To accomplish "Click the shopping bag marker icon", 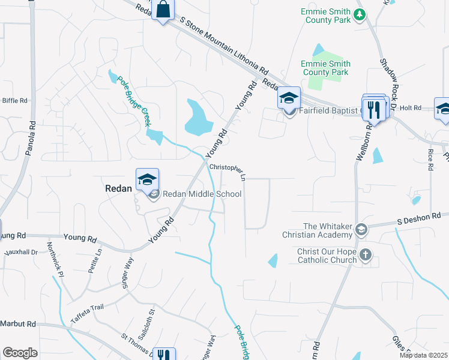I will pyautogui.click(x=163, y=10).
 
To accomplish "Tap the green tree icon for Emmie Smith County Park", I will pyautogui.click(x=360, y=14).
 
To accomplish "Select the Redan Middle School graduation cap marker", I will pyautogui.click(x=147, y=179).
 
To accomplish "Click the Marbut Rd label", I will pyautogui.click(x=18, y=324).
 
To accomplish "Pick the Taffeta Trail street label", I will pyautogui.click(x=88, y=310).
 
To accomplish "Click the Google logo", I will pyautogui.click(x=20, y=353).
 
